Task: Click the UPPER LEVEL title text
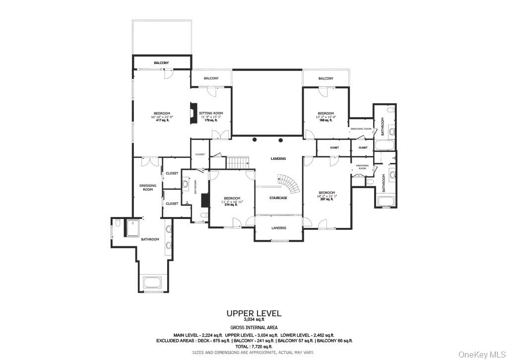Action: tap(254, 313)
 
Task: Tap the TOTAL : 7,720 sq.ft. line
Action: tap(254, 347)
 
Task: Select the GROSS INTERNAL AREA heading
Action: tap(254, 328)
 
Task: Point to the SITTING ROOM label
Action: tap(211, 113)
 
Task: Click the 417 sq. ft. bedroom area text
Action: tap(162, 120)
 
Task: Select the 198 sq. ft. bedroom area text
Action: tap(325, 120)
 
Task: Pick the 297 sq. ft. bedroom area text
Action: tap(326, 199)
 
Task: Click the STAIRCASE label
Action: tap(278, 198)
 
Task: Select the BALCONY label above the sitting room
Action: tap(211, 78)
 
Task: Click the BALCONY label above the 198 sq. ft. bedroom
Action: tap(325, 78)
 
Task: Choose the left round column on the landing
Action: tap(254, 140)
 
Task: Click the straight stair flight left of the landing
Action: tap(237, 162)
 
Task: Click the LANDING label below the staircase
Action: tap(278, 228)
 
